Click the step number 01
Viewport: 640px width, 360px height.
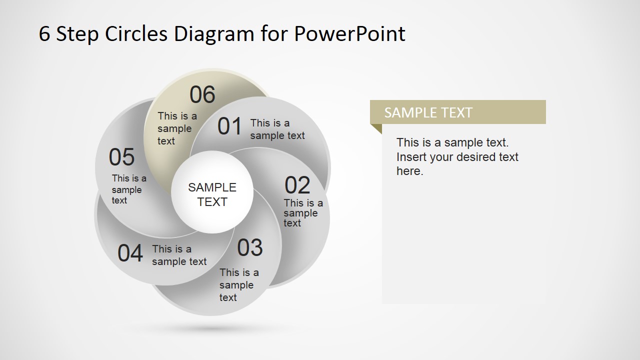click(229, 127)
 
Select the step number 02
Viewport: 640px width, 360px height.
click(297, 186)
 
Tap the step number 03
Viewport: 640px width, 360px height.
click(249, 248)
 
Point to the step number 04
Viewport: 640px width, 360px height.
click(130, 253)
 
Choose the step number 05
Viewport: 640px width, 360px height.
click(121, 157)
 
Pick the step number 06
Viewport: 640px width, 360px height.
click(202, 95)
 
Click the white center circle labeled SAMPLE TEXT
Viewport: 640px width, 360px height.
click(212, 194)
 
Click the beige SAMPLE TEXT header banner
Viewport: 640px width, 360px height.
click(457, 112)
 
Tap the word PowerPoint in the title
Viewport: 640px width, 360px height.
click(349, 34)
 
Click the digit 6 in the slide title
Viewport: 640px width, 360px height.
click(44, 34)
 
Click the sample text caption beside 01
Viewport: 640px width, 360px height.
click(277, 129)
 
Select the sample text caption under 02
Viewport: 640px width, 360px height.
click(303, 213)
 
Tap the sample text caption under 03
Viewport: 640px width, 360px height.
click(238, 285)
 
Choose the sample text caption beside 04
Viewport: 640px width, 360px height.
click(179, 255)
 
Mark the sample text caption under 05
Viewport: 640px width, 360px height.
click(128, 189)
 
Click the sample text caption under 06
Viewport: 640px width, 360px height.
click(177, 128)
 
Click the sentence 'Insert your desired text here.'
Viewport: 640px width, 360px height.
click(457, 164)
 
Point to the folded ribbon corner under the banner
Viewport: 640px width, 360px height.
click(377, 128)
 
